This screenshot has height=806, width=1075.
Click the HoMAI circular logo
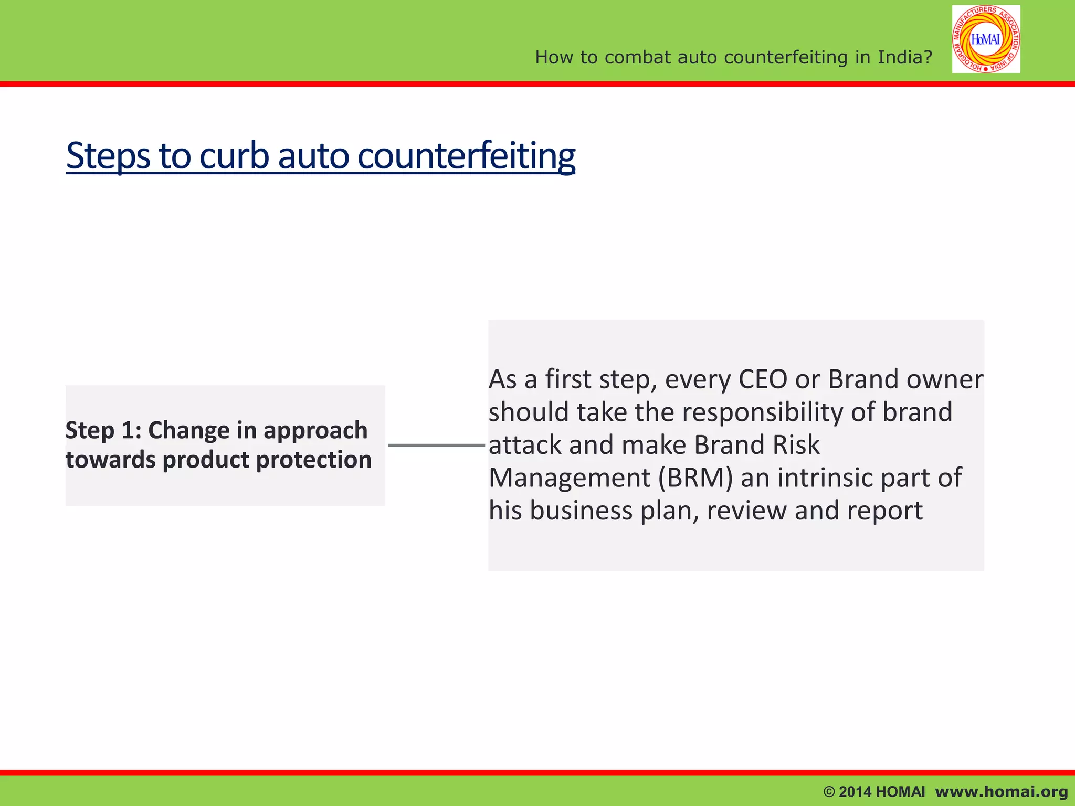986,39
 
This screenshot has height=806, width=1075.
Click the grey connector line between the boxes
436,446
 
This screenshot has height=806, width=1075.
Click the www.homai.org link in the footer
1002,792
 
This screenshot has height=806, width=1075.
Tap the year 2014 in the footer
855,792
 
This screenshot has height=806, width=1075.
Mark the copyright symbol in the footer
829,792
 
